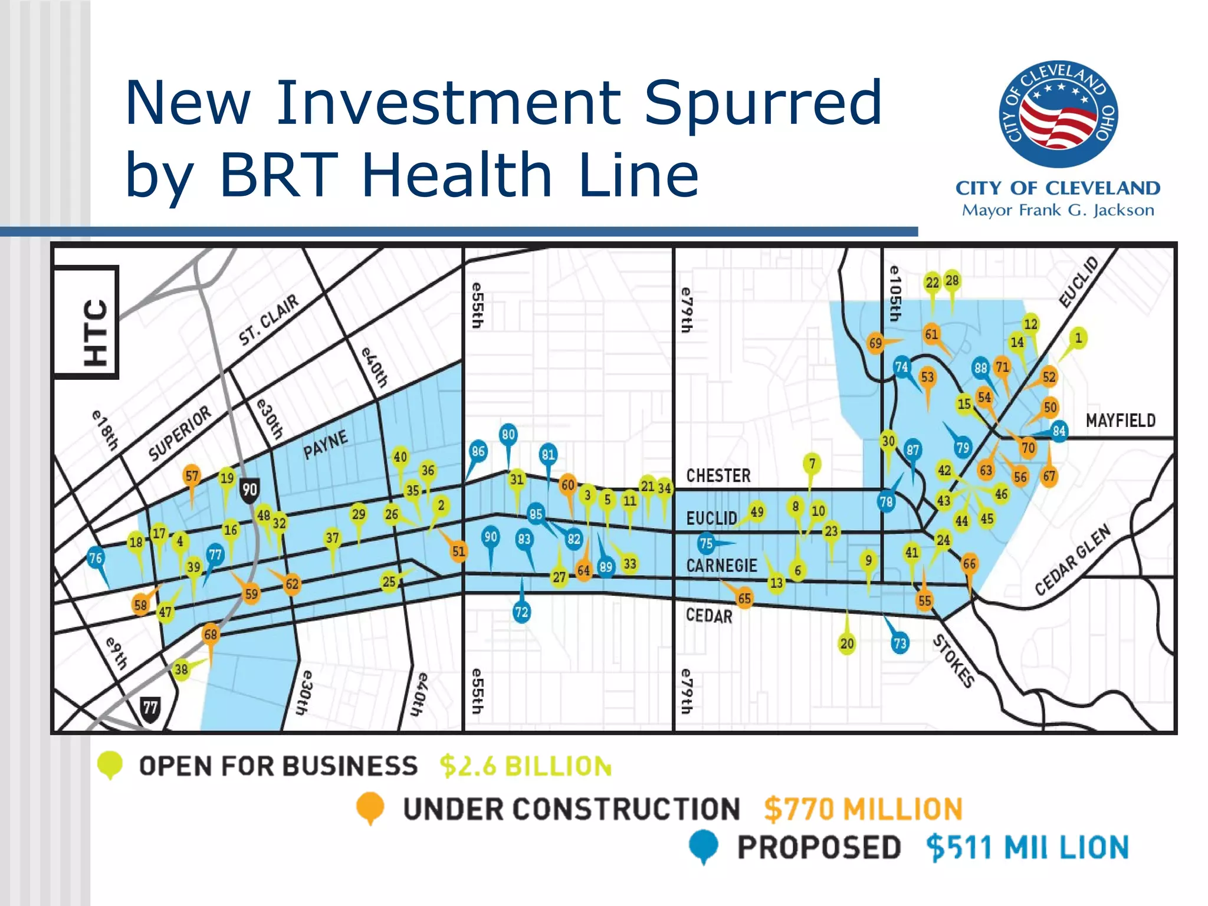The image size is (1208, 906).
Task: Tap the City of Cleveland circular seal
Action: [x=1058, y=114]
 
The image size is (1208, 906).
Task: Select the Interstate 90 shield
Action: [x=250, y=490]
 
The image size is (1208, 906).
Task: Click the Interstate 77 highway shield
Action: [x=150, y=707]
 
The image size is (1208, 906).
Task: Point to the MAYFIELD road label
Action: [x=1120, y=421]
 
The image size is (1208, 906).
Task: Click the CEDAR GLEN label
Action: [x=1073, y=559]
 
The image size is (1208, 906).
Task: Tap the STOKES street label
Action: [x=953, y=661]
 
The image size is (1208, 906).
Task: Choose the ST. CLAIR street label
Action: [x=268, y=320]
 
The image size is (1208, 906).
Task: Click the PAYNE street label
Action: [x=325, y=445]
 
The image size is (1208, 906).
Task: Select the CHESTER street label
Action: [x=718, y=475]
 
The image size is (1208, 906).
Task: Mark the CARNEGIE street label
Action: [x=721, y=566]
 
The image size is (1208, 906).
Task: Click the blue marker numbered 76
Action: [x=96, y=557]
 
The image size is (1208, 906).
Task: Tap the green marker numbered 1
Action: [x=1078, y=338]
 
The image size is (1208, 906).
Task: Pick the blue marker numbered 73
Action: [x=900, y=643]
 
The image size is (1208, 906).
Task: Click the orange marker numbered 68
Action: [x=211, y=635]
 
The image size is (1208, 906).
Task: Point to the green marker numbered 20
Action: [x=847, y=644]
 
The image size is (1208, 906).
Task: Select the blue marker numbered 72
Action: [x=521, y=612]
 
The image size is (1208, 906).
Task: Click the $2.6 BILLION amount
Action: [x=525, y=766]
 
